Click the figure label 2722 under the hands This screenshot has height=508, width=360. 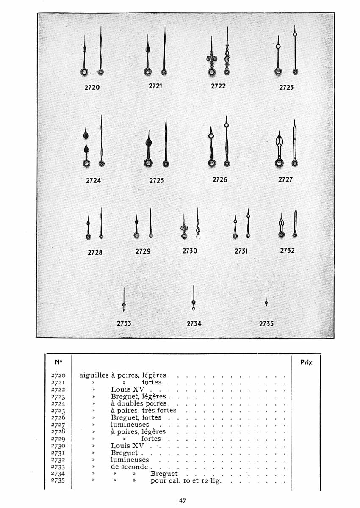click(218, 86)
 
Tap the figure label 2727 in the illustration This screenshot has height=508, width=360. click(285, 179)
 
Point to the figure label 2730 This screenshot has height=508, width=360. click(189, 251)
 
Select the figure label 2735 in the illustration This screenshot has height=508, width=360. click(266, 324)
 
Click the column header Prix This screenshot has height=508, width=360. click(306, 363)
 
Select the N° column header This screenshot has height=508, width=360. click(58, 363)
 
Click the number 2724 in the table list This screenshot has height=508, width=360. click(58, 403)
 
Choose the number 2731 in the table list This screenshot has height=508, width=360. click(58, 453)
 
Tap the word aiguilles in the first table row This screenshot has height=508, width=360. click(94, 375)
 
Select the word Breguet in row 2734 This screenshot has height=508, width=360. click(164, 474)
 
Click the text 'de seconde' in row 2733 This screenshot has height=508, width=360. click(129, 467)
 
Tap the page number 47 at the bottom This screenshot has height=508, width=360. click(183, 500)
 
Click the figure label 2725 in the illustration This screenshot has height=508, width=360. click(156, 180)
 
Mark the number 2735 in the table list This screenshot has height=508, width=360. click(58, 480)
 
